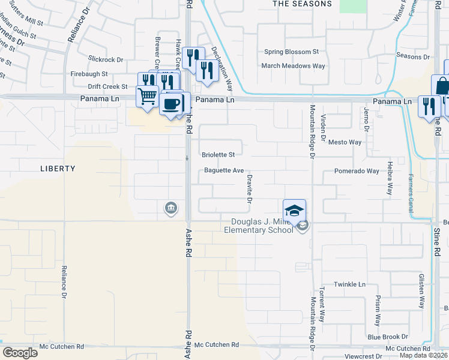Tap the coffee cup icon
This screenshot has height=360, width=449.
(x=172, y=103)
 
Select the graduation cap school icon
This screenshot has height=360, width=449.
(x=295, y=211)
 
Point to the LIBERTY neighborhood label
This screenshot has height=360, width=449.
(x=58, y=169)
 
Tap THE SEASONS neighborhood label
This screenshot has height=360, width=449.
(x=302, y=4)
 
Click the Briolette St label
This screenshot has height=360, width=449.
(x=218, y=155)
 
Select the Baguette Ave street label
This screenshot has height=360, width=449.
(x=223, y=170)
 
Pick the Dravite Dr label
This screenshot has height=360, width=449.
(x=249, y=185)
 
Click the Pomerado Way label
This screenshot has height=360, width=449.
(x=357, y=171)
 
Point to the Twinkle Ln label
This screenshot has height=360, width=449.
(x=350, y=284)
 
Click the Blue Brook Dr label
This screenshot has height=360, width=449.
(x=388, y=337)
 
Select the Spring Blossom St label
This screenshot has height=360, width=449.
(x=291, y=52)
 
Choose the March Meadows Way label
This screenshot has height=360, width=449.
(x=293, y=66)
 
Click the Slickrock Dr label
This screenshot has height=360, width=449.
(x=105, y=60)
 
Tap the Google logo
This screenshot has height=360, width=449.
(x=19, y=353)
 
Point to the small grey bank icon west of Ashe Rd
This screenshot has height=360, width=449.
(x=170, y=208)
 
